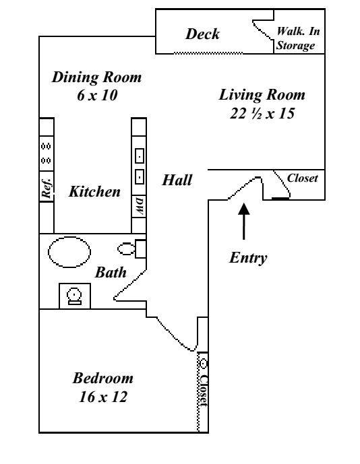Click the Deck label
[202, 34]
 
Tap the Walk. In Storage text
[298, 38]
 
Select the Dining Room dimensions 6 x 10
[97, 95]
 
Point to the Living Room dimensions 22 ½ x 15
[262, 113]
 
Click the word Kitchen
[94, 191]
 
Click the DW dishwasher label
[140, 206]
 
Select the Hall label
[177, 180]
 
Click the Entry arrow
[244, 221]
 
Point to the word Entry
[248, 258]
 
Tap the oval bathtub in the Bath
[69, 252]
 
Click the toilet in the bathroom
[131, 249]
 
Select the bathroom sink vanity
[75, 296]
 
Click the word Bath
[111, 273]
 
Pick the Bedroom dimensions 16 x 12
[103, 397]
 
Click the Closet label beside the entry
[302, 178]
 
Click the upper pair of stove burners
[46, 146]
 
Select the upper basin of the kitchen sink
[140, 156]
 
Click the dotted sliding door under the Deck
[208, 53]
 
